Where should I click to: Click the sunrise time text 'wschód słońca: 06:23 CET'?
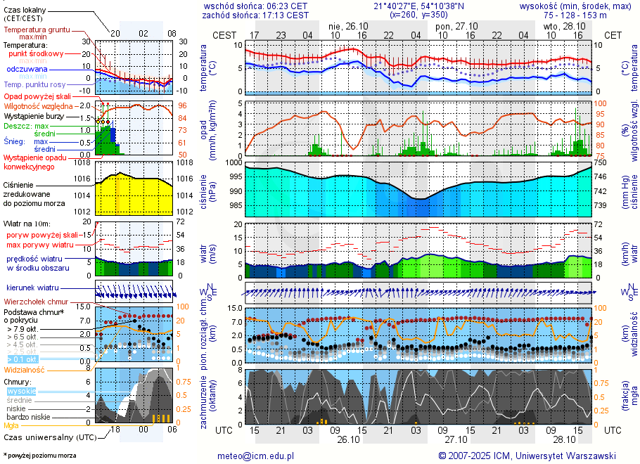(x=255, y=6)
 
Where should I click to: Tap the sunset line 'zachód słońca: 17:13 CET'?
(x=255, y=15)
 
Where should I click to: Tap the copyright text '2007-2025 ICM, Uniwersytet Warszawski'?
(x=532, y=456)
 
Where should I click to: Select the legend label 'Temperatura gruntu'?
(x=34, y=30)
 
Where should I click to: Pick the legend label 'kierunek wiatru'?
(x=32, y=288)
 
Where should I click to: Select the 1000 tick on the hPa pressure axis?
(x=234, y=162)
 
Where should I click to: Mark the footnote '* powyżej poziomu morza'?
(x=40, y=456)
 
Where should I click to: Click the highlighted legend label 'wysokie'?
(x=21, y=391)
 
